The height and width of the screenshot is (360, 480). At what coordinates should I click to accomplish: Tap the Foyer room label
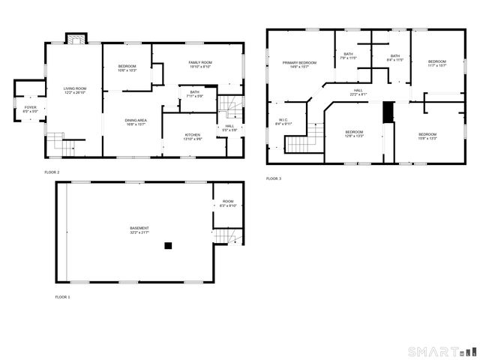[30, 108]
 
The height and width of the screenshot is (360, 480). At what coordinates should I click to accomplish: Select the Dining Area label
[136, 120]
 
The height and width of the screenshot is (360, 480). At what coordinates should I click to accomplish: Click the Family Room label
[199, 62]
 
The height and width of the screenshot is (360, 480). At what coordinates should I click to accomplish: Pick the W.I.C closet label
[283, 119]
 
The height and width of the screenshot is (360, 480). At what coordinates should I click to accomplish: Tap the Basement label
[139, 228]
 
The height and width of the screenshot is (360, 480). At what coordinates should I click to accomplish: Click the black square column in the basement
[169, 244]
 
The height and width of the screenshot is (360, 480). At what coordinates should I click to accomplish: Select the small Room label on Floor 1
[228, 201]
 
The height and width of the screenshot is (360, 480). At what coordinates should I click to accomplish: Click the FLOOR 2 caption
[52, 172]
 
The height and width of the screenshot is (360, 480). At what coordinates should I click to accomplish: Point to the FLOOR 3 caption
[274, 178]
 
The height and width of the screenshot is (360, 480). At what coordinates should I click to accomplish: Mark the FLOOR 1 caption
[62, 298]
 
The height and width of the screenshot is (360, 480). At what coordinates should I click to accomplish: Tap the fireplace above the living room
[76, 38]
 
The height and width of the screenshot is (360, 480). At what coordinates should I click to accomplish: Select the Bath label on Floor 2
[194, 91]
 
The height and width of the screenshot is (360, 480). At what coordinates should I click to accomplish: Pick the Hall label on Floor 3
[358, 90]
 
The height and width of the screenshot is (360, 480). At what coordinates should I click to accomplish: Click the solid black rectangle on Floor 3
[388, 111]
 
